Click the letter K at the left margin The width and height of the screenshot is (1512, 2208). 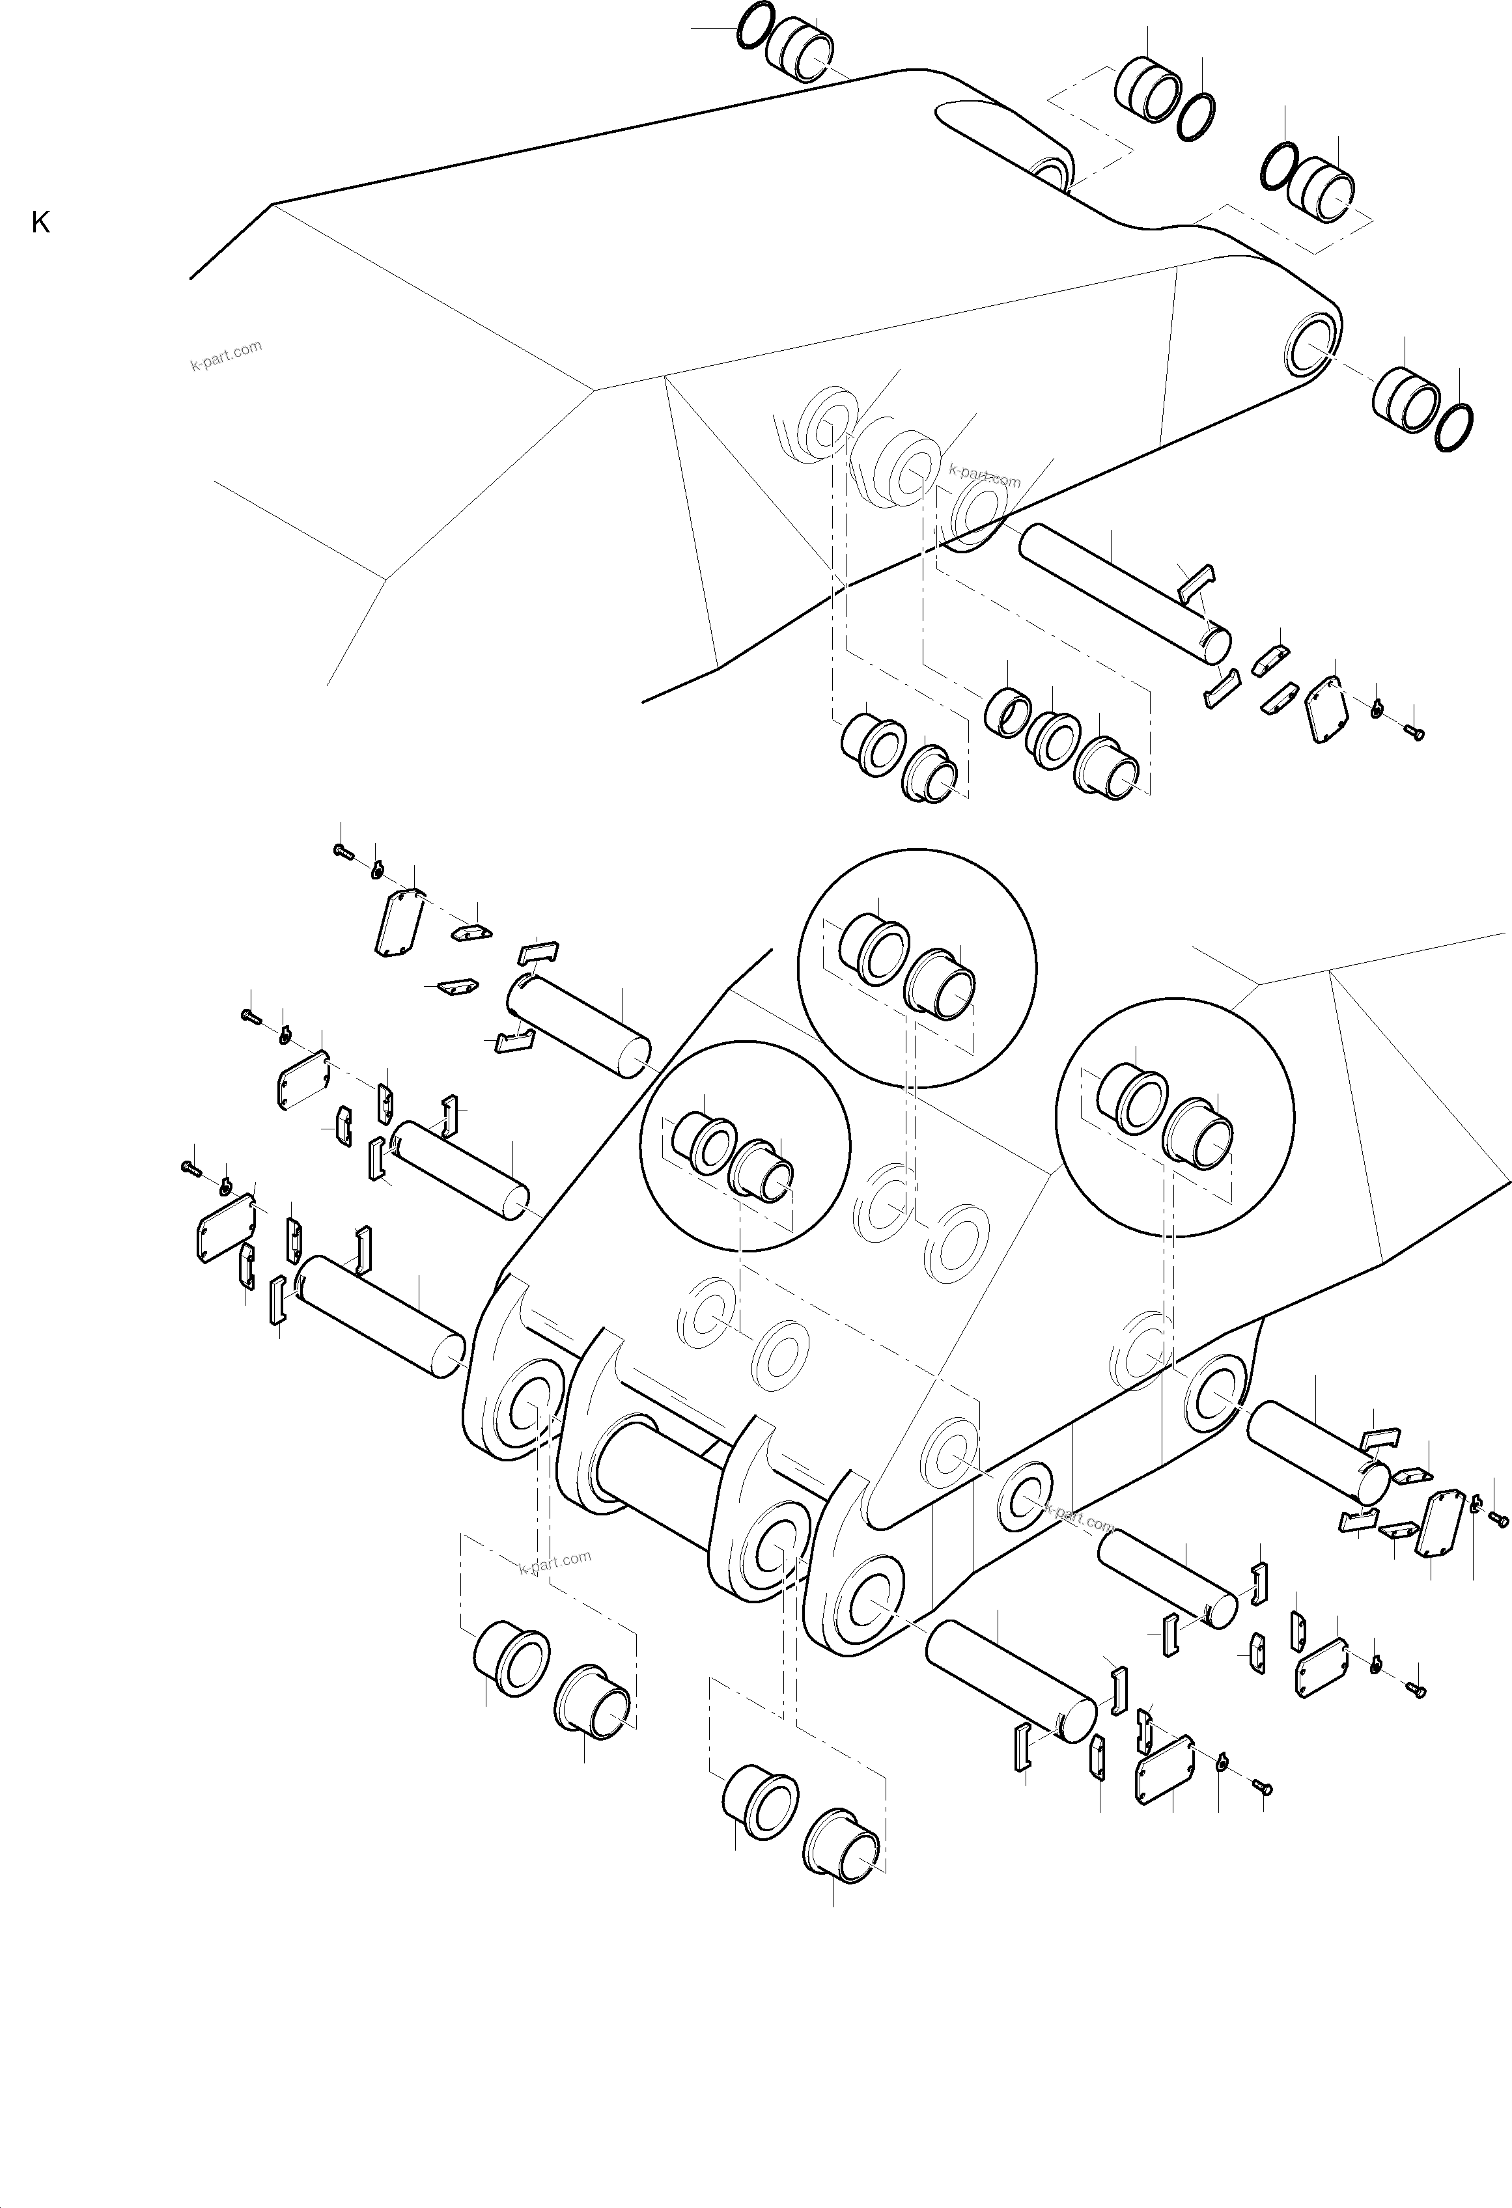pyautogui.click(x=40, y=223)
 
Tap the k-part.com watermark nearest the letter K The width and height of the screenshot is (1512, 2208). pyautogui.click(x=226, y=355)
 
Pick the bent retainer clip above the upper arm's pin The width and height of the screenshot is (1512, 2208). pyautogui.click(x=1196, y=581)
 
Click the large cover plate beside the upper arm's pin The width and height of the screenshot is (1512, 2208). pyautogui.click(x=1324, y=710)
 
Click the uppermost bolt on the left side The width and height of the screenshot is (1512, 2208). pyautogui.click(x=343, y=851)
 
